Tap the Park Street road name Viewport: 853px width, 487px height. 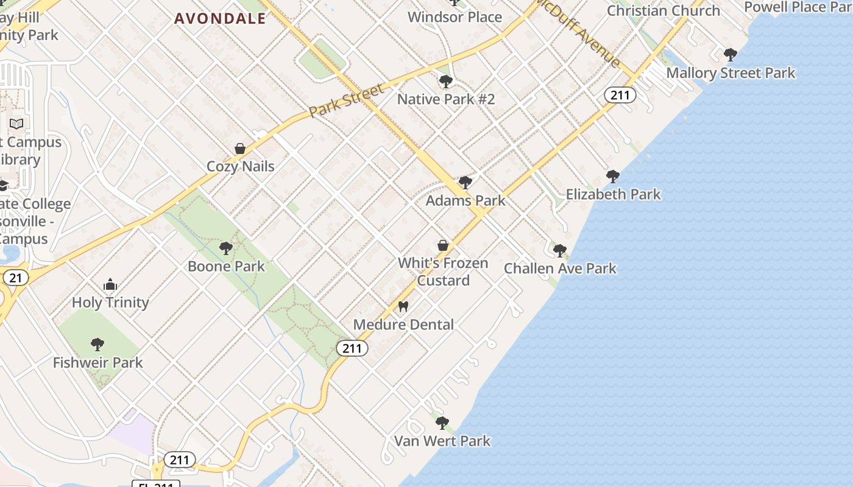point(346,100)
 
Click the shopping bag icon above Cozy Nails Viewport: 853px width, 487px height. point(240,149)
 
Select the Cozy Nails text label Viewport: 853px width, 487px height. point(240,166)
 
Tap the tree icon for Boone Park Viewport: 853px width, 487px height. point(226,248)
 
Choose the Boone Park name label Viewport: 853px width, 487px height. point(226,266)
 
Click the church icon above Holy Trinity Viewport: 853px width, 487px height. point(110,284)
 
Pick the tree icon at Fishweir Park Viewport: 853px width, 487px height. point(97,345)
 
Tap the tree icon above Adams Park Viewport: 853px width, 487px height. point(465,183)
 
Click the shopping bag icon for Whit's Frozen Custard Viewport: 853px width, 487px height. point(443,246)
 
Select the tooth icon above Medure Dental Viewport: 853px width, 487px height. point(403,307)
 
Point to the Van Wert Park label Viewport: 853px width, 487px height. point(442,441)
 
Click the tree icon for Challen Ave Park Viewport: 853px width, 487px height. point(560,250)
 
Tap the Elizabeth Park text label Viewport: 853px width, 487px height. point(613,194)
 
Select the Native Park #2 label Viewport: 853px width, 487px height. point(446,99)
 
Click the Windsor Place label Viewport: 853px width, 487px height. point(455,16)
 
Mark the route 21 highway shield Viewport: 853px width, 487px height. point(16,278)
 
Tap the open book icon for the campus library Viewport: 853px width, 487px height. point(16,124)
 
